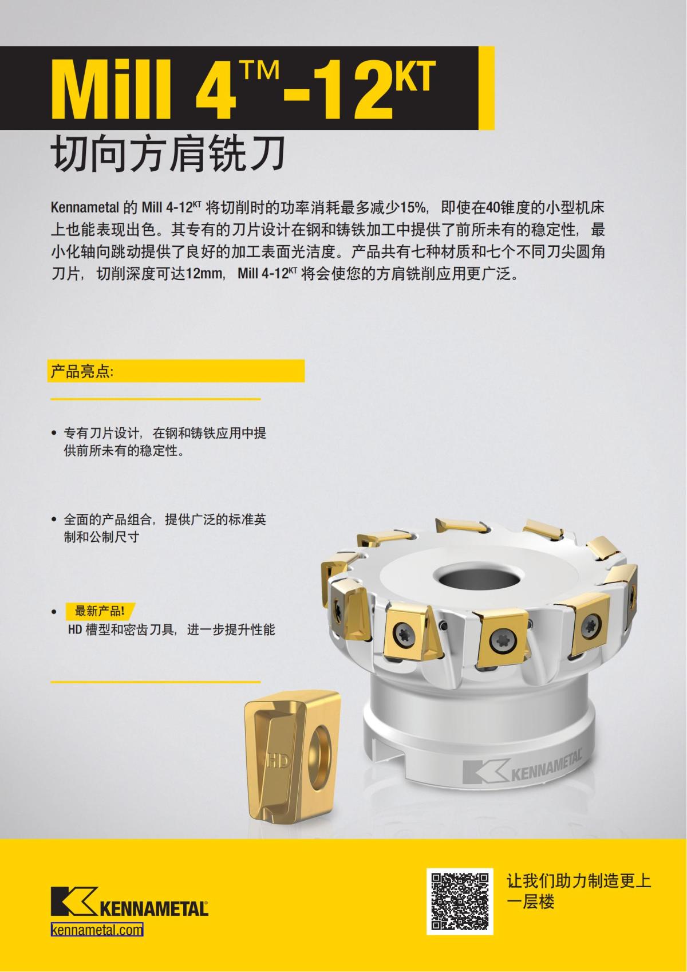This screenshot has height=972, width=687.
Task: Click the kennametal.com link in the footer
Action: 97,930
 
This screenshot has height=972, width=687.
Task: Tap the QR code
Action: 460,901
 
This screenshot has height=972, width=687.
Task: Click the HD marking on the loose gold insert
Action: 278,761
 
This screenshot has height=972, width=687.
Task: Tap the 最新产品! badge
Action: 100,611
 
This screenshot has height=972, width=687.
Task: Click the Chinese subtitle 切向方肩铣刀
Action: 169,153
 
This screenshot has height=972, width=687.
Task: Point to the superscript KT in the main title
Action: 413,77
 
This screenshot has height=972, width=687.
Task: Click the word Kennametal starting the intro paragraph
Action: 84,206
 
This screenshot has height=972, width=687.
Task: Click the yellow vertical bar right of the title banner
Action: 486,88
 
